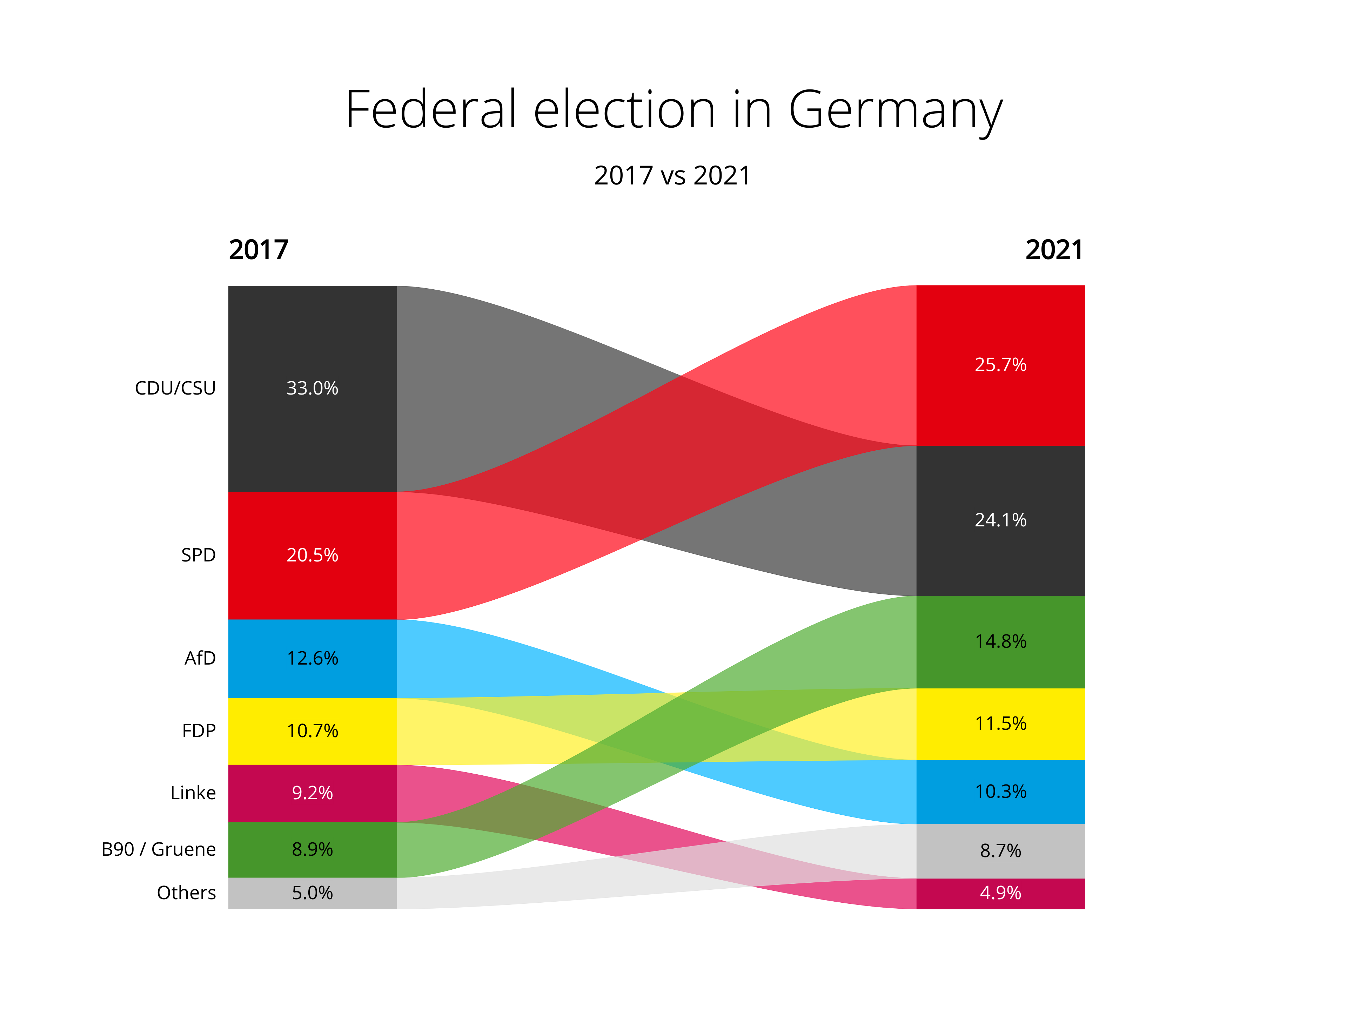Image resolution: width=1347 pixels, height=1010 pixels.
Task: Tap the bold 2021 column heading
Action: point(1054,250)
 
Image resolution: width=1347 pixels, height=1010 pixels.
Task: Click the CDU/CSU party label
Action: point(175,389)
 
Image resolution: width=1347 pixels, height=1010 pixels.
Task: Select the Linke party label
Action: point(193,793)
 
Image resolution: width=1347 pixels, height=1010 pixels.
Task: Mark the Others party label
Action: point(186,893)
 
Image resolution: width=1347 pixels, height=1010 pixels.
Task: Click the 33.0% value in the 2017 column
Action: point(313,389)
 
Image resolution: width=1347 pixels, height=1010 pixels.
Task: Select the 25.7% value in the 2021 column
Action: point(1000,365)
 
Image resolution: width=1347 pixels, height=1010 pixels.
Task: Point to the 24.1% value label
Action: point(1000,520)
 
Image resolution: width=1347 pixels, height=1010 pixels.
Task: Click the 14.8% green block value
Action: point(1000,641)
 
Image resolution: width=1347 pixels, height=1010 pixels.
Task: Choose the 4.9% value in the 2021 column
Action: point(1000,893)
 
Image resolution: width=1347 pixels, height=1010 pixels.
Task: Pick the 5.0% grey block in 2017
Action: point(313,893)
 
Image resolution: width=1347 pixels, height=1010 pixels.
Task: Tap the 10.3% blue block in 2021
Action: point(1000,792)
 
